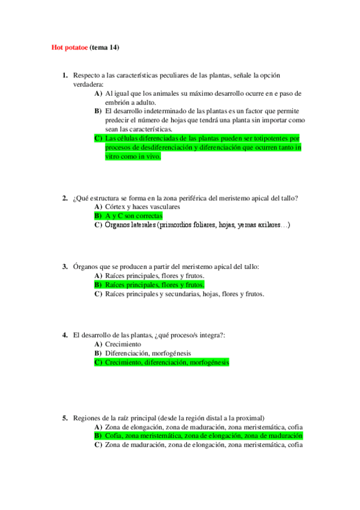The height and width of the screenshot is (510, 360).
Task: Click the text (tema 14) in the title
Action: [x=106, y=47]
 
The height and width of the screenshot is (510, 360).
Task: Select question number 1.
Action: [x=65, y=75]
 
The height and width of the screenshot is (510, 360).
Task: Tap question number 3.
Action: [x=65, y=266]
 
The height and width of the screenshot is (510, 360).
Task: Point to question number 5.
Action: [x=65, y=418]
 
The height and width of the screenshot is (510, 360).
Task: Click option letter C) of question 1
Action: [x=98, y=138]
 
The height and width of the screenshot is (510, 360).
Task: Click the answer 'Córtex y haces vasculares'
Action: [x=142, y=206]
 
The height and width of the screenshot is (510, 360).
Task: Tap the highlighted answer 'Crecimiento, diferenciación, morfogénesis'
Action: [x=167, y=363]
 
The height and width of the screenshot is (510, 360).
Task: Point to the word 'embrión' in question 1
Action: [x=117, y=102]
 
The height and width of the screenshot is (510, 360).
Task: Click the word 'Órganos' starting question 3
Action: [x=85, y=266]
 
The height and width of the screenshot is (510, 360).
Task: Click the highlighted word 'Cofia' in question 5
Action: [x=113, y=435]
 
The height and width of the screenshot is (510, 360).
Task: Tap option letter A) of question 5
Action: [x=98, y=426]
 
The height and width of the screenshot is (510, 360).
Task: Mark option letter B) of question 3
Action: [x=98, y=284]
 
